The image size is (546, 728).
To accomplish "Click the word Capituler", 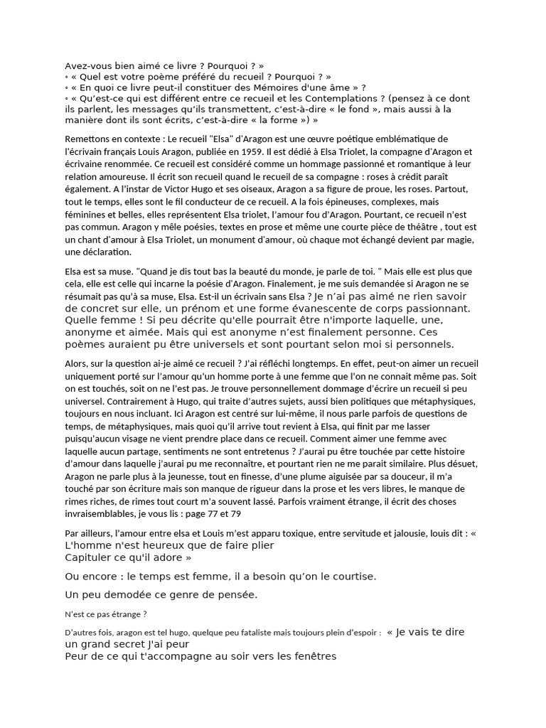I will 89,557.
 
